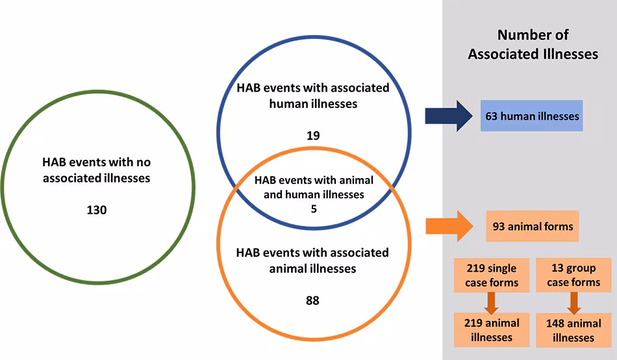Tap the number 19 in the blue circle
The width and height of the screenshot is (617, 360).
314,136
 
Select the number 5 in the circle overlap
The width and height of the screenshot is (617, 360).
313,210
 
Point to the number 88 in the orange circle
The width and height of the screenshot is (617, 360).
313,300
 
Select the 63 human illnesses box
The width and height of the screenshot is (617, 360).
532,116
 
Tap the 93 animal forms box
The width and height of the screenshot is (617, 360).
532,226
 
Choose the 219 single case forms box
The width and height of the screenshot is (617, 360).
492,275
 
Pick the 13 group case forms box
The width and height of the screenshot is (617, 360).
573,275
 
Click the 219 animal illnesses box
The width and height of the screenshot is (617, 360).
492,329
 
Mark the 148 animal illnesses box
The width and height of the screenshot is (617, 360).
573,330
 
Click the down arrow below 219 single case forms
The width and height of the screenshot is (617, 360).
491,302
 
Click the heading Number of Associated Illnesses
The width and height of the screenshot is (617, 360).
533,44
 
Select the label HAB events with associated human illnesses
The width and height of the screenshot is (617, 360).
313,96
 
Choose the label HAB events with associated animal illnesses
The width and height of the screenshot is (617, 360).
313,260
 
